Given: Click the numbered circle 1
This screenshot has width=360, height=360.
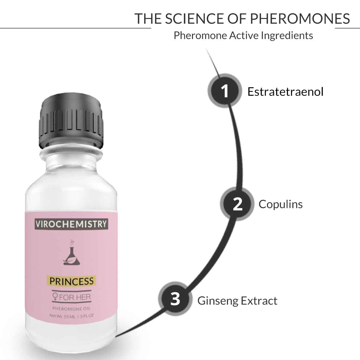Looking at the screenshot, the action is click(x=225, y=91).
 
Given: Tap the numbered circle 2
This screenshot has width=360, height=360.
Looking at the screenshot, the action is click(x=237, y=204).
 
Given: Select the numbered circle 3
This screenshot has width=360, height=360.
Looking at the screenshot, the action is click(x=175, y=299).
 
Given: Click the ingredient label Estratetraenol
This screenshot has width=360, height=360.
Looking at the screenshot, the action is click(x=285, y=92).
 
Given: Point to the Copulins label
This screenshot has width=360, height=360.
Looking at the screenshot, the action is click(x=280, y=204).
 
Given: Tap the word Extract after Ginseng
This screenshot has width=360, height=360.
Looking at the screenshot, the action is click(x=259, y=301).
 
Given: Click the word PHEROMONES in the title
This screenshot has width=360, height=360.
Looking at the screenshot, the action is click(x=300, y=19).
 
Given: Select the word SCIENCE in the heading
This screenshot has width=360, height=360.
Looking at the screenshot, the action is click(x=194, y=19).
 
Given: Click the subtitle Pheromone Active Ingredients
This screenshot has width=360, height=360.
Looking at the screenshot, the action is click(x=243, y=35).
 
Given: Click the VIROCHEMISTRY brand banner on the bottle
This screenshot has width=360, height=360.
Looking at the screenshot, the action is click(x=71, y=224).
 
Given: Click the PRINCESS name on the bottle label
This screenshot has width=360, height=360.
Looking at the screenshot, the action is click(x=71, y=281).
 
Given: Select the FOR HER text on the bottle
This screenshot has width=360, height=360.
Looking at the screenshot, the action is click(x=75, y=297).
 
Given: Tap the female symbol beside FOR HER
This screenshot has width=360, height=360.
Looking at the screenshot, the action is click(x=55, y=297).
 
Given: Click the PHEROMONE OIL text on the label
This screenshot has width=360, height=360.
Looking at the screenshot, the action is click(x=71, y=309).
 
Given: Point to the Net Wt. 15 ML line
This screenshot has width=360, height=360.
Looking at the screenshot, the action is click(x=71, y=316).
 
